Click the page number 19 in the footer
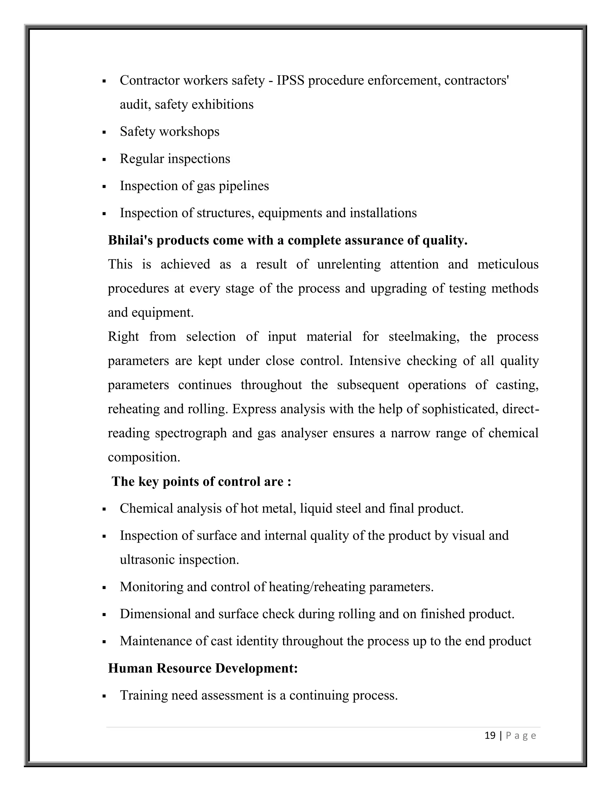[490, 735]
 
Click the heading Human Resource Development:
[203, 668]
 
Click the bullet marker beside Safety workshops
[104, 133]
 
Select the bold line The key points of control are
[201, 481]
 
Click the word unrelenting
[348, 264]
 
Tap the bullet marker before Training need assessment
[104, 696]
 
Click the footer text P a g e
[521, 735]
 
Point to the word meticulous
[508, 264]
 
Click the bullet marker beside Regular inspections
[104, 160]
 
